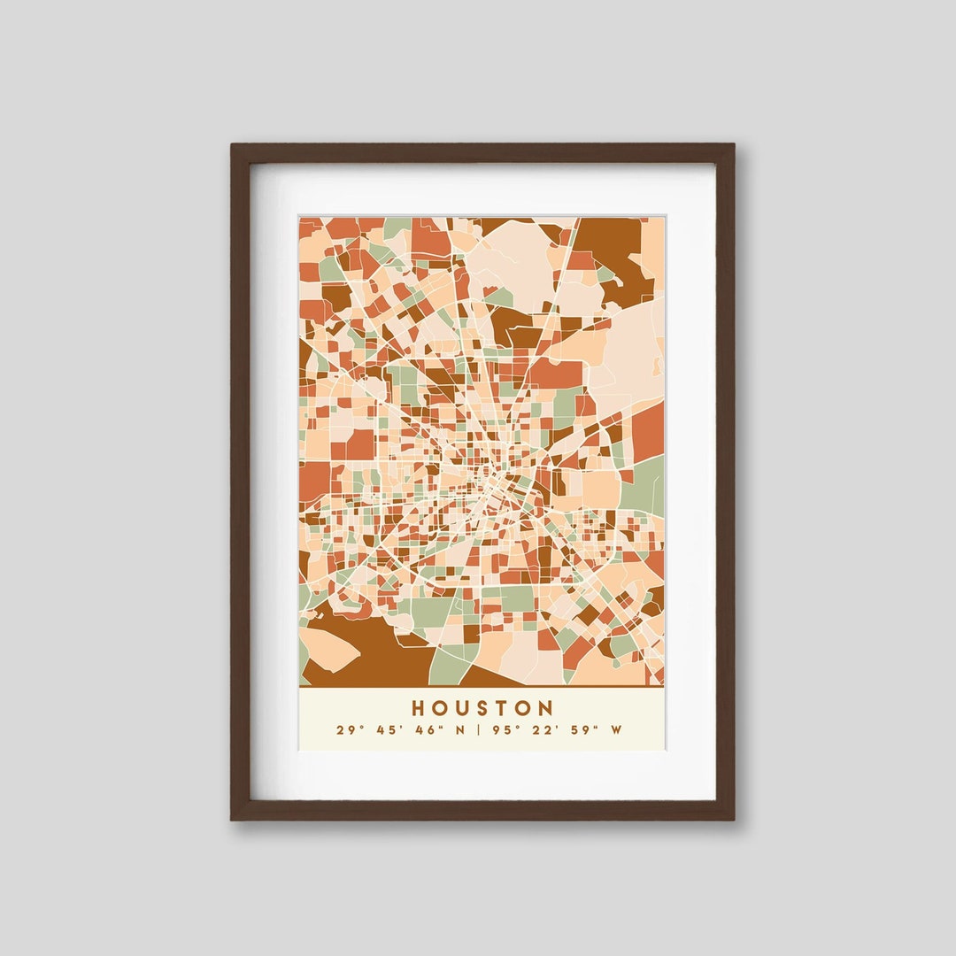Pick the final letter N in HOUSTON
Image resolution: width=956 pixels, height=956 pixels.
pos(545,708)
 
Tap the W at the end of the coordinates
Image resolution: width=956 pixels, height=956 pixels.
pos(616,730)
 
